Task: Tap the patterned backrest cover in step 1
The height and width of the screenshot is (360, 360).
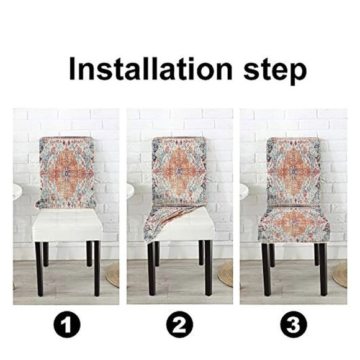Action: pyautogui.click(x=66, y=172)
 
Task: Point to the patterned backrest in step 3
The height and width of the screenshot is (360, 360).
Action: pyautogui.click(x=294, y=171)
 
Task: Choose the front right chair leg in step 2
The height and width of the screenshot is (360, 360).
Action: pyautogui.click(x=209, y=268)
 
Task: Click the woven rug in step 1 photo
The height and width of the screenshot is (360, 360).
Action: pyautogui.click(x=113, y=275)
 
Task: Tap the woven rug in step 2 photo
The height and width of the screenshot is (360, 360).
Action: pyautogui.click(x=225, y=275)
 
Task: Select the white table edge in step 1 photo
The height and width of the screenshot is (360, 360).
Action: pyautogui.click(x=17, y=192)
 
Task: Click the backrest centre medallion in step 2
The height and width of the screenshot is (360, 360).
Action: pyautogui.click(x=179, y=172)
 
